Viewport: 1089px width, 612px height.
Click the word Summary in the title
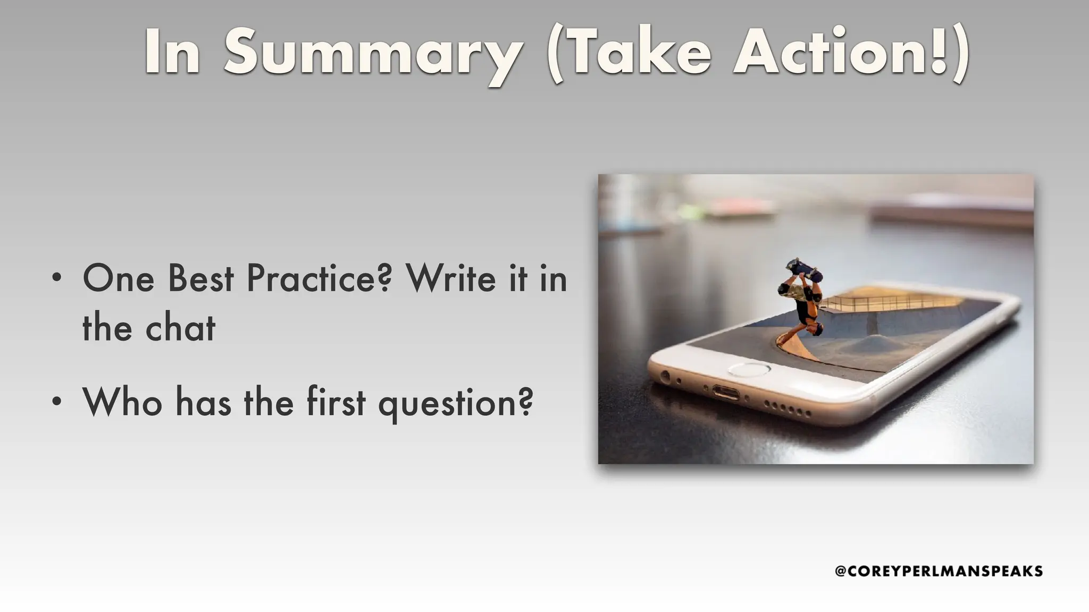coord(372,53)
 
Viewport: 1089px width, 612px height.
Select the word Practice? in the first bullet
coord(319,279)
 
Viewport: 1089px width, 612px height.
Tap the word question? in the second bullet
coord(455,403)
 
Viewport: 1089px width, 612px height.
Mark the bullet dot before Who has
coord(57,401)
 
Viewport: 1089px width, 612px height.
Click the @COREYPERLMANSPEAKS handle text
coord(939,571)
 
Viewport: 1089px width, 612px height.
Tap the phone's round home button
coord(749,369)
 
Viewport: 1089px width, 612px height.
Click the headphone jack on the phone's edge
coord(665,377)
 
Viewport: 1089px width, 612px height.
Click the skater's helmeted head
coord(814,330)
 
